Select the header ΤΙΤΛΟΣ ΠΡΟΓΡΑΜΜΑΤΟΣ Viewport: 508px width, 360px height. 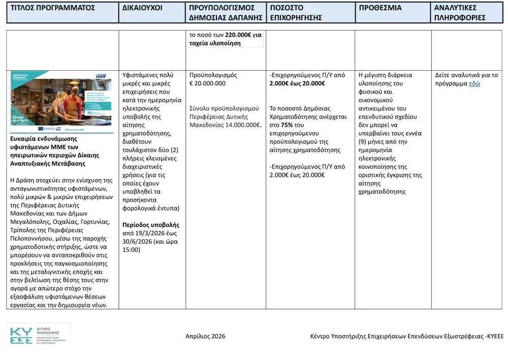[x=53, y=8]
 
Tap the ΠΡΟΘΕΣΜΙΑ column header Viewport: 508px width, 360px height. [x=380, y=8]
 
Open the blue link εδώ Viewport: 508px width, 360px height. [x=474, y=83]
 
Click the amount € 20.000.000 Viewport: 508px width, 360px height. [x=207, y=83]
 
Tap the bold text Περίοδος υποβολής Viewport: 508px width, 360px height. [x=151, y=225]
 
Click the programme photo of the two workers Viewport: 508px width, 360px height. [x=62, y=102]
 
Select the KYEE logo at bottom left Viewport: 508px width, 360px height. [x=38, y=334]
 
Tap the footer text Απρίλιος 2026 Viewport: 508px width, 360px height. [x=205, y=336]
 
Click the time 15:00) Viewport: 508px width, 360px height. [x=131, y=250]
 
